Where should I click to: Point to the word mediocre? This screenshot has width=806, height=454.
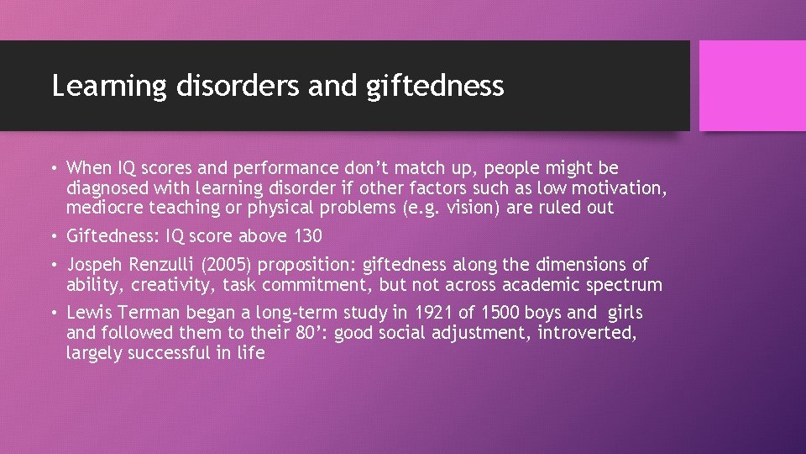[102, 207]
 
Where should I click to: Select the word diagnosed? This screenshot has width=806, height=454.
[106, 187]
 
